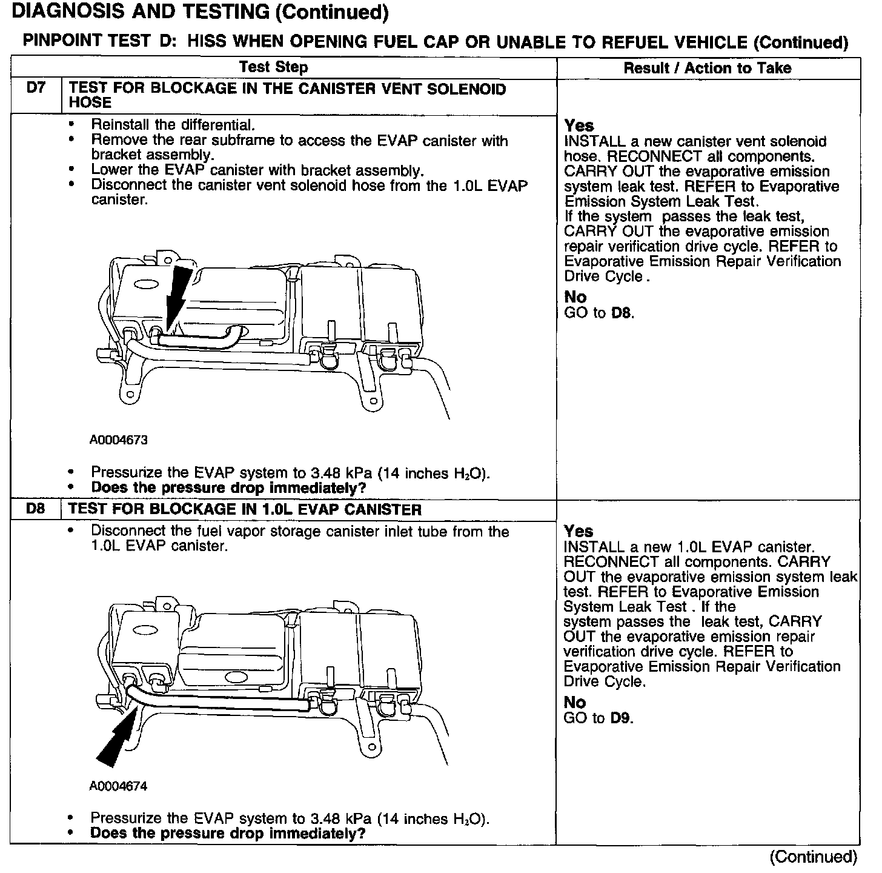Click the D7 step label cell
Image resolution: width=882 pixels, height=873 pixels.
[36, 89]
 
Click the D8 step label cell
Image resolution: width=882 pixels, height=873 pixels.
[36, 509]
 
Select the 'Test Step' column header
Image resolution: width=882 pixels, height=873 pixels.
[273, 67]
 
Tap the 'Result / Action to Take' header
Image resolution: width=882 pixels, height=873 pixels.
[708, 68]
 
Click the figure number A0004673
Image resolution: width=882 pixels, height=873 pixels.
[119, 440]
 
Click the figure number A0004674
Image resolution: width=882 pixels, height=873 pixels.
[119, 786]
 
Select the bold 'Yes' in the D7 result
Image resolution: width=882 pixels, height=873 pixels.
[579, 125]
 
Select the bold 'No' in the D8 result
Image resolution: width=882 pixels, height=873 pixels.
[575, 702]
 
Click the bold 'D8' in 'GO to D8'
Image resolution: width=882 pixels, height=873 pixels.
[621, 313]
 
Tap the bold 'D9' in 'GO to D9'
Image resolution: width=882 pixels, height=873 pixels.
[621, 718]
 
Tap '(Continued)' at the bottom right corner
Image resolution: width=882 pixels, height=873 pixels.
[813, 857]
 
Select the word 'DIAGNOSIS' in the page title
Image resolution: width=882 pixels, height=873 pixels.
[61, 12]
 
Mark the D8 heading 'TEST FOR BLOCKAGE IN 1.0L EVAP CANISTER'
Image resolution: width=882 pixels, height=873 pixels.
[245, 509]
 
